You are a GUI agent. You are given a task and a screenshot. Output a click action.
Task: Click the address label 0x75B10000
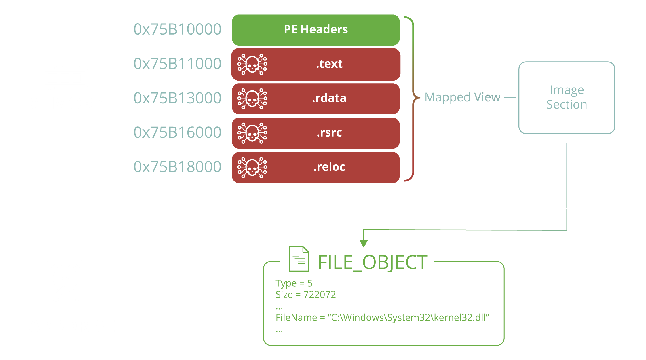(177, 29)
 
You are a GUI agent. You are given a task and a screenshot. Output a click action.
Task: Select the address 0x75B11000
(177, 64)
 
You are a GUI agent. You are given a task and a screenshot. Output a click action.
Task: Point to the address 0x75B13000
(177, 98)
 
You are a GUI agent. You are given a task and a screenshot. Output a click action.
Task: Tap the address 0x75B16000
(177, 132)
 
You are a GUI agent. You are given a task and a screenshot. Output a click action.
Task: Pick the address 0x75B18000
(177, 167)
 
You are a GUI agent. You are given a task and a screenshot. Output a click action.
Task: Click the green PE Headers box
(316, 30)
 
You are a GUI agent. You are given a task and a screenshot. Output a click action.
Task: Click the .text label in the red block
(329, 64)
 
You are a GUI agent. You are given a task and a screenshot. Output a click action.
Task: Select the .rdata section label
(329, 98)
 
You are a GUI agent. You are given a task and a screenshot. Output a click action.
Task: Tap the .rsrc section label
(329, 132)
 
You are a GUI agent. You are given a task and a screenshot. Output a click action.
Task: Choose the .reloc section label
(329, 167)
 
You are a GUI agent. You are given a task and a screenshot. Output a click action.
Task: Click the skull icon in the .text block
(252, 64)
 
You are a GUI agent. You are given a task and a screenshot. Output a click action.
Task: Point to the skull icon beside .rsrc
(252, 133)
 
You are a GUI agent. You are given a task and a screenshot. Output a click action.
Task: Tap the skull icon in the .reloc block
(252, 167)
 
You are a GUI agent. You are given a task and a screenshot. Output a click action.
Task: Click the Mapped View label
(463, 98)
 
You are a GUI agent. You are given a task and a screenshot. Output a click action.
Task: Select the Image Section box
(567, 98)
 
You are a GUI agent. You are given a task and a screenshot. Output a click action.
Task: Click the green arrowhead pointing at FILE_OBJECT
(364, 243)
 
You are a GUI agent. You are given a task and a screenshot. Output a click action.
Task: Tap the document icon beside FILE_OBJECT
(299, 259)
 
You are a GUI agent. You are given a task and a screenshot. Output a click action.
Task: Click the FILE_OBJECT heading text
(373, 262)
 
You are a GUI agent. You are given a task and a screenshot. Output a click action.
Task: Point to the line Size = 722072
(306, 295)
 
